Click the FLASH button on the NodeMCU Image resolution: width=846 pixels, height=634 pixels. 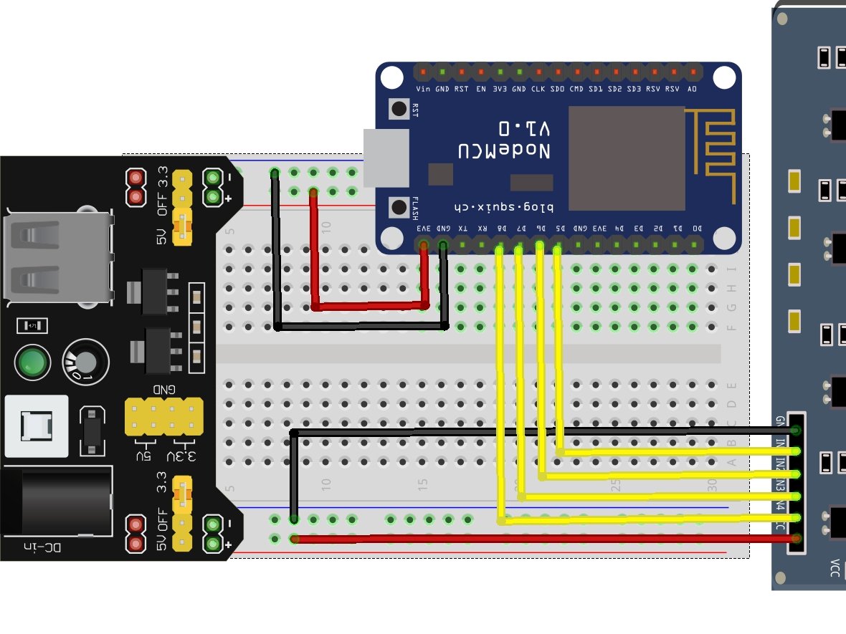[398, 208]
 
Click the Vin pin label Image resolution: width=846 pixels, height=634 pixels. [423, 89]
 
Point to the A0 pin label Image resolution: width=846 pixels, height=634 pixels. [692, 89]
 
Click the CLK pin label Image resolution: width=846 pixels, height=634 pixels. [538, 89]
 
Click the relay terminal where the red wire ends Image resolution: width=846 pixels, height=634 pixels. [796, 538]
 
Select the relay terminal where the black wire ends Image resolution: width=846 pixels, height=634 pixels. [796, 430]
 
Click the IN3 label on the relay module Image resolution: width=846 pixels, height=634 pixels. [780, 486]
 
